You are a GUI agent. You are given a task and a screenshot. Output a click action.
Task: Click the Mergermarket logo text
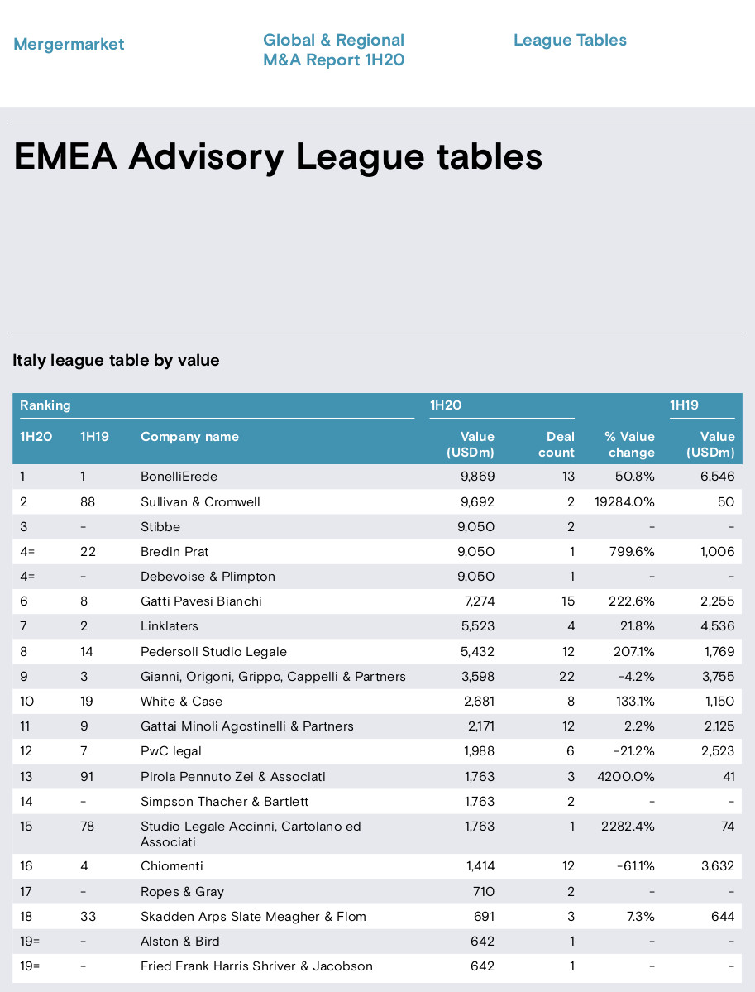click(x=69, y=45)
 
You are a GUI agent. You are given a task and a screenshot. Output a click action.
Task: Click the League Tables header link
click(x=570, y=40)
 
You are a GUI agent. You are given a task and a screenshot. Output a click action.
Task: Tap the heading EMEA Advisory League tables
click(x=278, y=157)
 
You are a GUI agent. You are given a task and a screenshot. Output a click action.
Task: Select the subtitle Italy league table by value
click(x=117, y=360)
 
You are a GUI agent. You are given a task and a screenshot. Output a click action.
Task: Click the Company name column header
click(x=189, y=437)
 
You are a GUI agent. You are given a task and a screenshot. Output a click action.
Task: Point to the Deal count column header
click(x=557, y=444)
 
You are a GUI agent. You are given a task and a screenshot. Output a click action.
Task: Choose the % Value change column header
click(x=630, y=444)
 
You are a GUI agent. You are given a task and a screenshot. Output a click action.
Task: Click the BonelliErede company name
click(x=179, y=477)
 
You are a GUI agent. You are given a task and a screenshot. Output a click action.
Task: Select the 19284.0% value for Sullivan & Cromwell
click(x=624, y=501)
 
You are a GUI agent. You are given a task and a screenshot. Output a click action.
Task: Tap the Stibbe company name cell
click(x=160, y=526)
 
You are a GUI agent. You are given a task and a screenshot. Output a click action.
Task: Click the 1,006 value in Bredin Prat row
click(x=717, y=551)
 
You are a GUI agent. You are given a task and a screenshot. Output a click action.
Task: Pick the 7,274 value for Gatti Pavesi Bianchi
click(x=480, y=601)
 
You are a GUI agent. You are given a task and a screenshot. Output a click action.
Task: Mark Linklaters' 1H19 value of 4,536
click(x=718, y=625)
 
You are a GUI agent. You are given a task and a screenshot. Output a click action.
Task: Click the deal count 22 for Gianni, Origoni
click(x=566, y=676)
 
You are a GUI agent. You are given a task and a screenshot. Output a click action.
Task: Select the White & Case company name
click(x=181, y=701)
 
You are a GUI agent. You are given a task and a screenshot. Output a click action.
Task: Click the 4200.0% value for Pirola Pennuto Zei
click(x=626, y=776)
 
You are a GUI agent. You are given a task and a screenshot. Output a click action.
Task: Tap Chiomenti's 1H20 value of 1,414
click(x=480, y=865)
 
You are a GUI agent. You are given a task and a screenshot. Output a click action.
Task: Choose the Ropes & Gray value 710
click(x=484, y=891)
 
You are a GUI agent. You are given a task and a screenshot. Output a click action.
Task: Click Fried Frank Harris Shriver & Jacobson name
click(x=256, y=966)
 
